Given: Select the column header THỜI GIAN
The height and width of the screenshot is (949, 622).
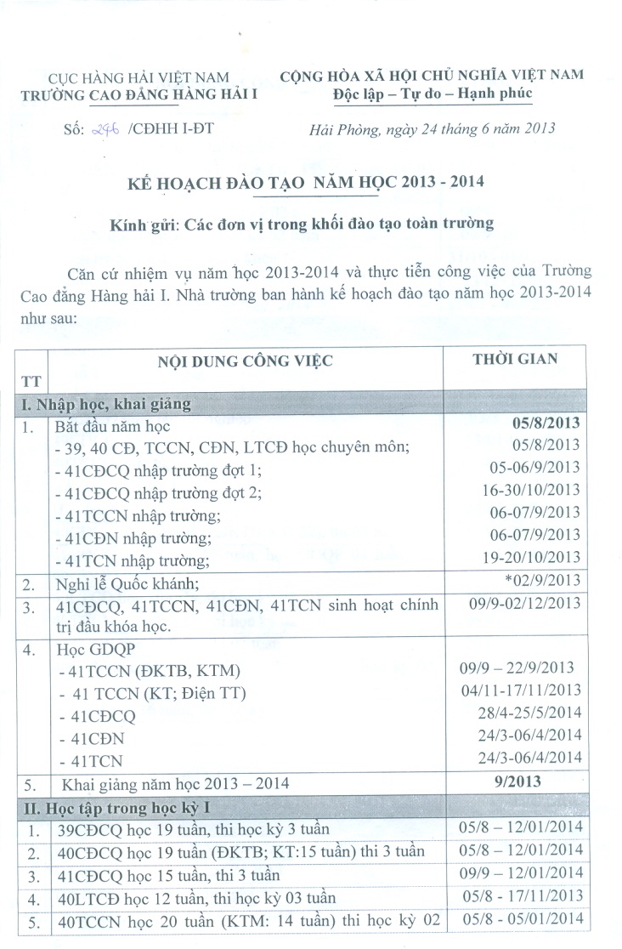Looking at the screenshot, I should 515,359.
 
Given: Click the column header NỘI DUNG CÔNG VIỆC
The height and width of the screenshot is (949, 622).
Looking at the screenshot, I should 245,361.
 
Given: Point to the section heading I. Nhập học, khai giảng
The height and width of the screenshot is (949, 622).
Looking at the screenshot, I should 106,404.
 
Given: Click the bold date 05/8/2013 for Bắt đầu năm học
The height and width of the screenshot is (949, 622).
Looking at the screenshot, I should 547,423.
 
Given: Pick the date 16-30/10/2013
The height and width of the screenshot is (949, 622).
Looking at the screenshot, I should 530,490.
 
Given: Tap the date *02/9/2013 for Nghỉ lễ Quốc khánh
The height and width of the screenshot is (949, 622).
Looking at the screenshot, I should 541,581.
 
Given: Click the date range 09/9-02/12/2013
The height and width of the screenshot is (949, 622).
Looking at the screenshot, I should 524,603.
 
